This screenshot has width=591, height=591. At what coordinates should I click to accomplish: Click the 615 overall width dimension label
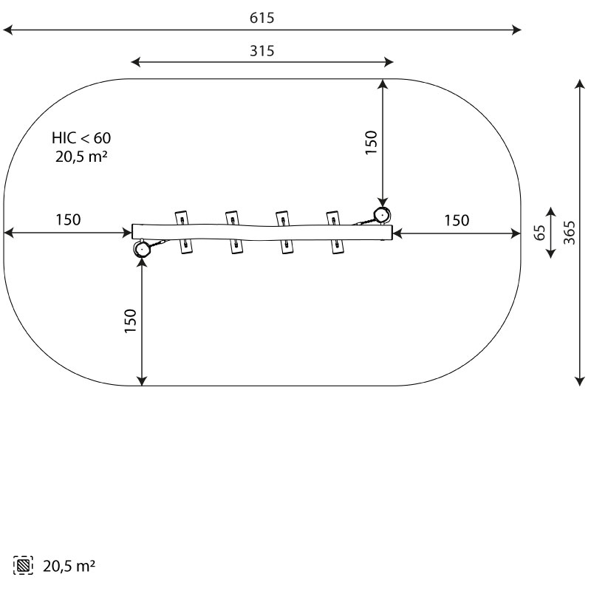(x=262, y=18)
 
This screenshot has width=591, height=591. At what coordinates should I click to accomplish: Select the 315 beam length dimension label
(x=262, y=51)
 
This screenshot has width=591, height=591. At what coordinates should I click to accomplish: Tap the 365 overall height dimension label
(x=570, y=233)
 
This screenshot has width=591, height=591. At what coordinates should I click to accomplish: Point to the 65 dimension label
(x=540, y=233)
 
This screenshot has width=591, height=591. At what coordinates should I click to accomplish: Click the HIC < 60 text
(x=81, y=138)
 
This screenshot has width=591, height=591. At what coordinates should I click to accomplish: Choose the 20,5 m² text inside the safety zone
(x=81, y=156)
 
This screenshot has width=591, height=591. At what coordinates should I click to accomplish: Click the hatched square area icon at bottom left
(x=23, y=565)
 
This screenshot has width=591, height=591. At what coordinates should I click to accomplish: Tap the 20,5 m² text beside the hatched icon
(x=69, y=566)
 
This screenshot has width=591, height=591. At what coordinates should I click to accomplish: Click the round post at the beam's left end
(x=142, y=249)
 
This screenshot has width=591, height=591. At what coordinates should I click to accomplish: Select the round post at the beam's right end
(x=382, y=215)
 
